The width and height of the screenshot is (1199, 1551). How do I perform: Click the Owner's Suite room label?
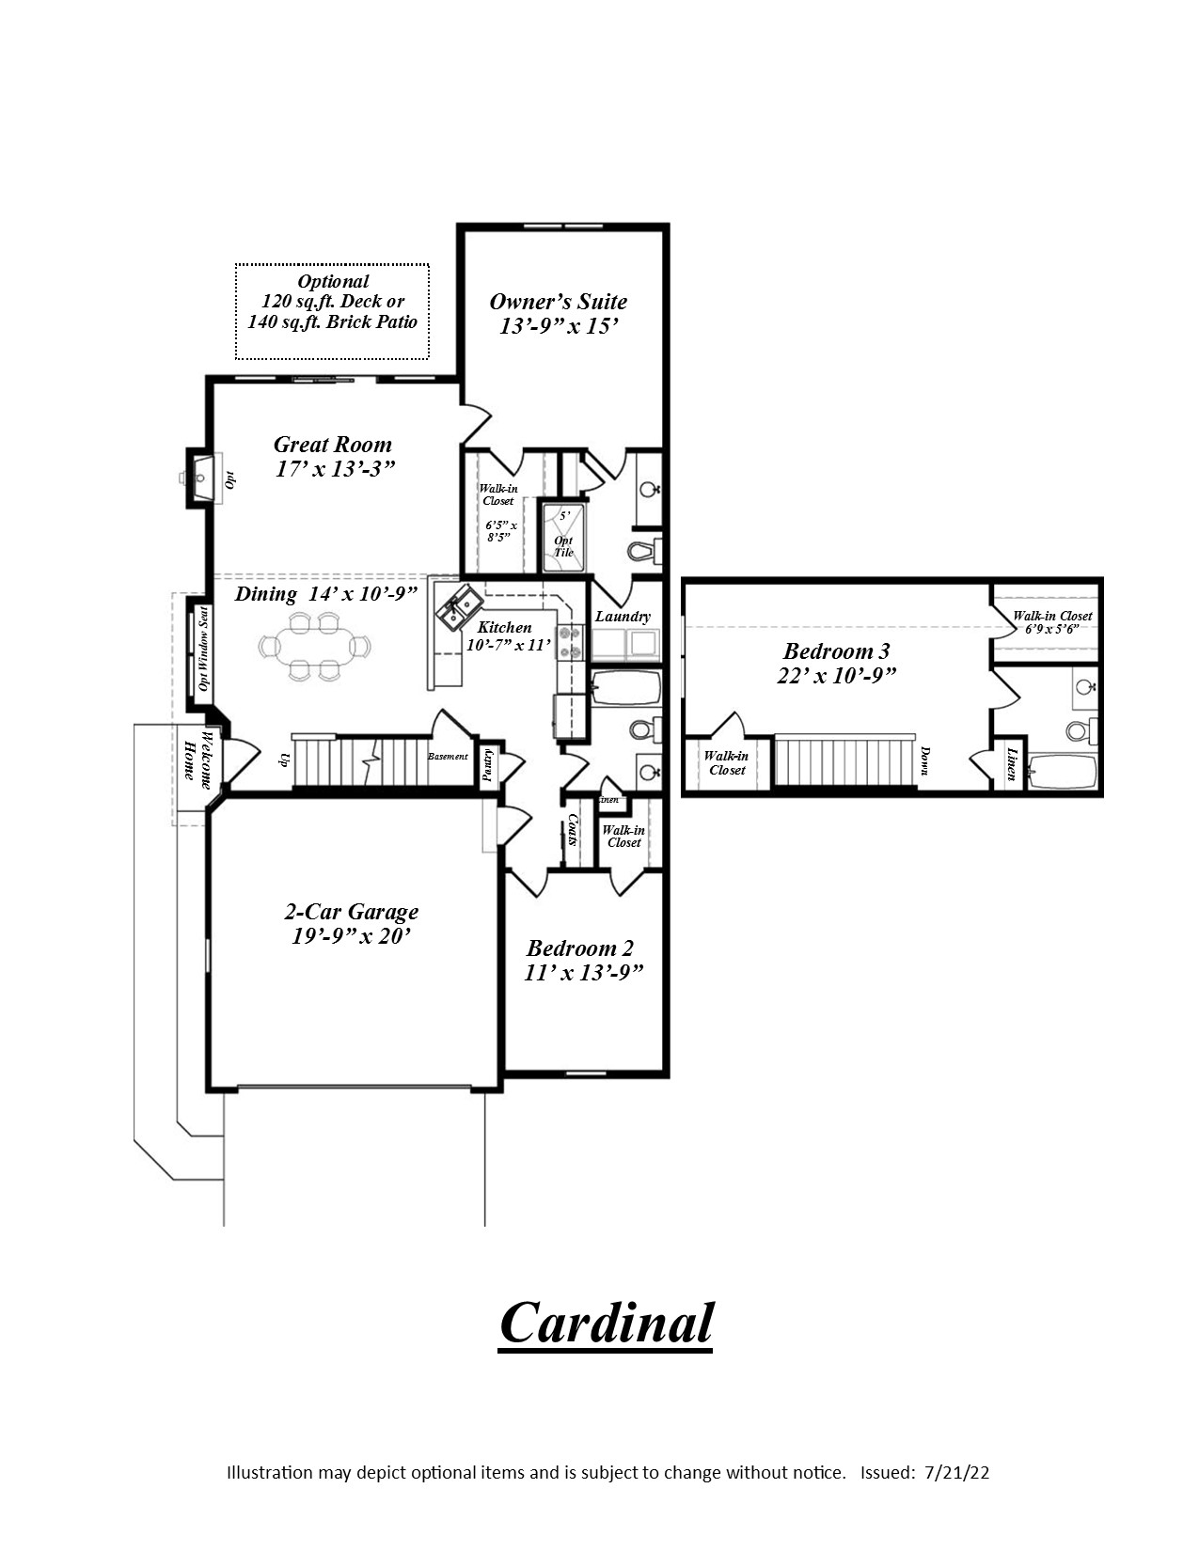coord(558,302)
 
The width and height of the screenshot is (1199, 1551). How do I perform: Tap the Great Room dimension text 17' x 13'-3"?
coord(334,469)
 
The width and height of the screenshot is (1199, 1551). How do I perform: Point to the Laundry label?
coord(623,617)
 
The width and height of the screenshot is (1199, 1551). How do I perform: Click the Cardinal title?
coord(606,1323)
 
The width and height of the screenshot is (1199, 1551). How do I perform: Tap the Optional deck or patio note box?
coord(332,311)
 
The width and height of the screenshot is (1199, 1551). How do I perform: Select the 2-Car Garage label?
coord(352,912)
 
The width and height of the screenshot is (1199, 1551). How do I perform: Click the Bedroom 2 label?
coord(580,948)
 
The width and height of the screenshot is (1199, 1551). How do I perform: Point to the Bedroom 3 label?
coord(836,651)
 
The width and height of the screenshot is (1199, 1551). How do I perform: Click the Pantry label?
coord(487,764)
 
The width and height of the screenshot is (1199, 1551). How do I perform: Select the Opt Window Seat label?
coord(202,649)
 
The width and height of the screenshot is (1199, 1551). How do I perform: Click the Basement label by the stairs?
coord(448,757)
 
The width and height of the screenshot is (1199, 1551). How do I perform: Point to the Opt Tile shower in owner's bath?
coord(563,540)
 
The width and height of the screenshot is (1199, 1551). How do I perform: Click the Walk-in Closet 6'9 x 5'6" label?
coord(1051,622)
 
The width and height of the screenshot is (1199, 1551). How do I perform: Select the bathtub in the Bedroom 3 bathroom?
coord(1063,772)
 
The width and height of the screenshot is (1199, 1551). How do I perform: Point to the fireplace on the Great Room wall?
coord(200,478)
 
